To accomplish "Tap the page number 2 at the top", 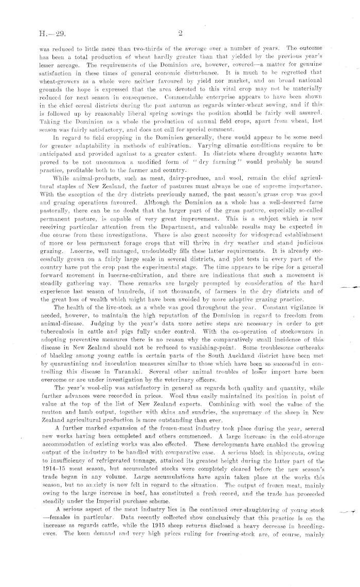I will click(181, 33).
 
